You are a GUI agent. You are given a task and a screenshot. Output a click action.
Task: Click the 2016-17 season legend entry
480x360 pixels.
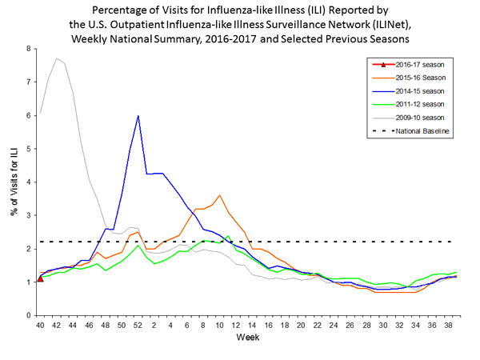coord(402,65)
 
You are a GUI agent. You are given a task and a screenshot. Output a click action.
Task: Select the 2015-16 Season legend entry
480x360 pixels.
coord(402,78)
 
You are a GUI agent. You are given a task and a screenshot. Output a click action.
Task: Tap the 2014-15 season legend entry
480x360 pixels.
coord(402,92)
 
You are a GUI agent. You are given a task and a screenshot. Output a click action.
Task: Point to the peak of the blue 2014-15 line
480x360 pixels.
coord(138,116)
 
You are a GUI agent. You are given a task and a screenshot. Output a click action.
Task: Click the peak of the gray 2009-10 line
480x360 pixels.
coord(56,58)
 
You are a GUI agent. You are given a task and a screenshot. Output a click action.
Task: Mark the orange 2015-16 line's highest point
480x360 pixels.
coord(220,195)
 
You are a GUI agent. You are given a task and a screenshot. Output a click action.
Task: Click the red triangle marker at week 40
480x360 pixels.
coord(40,278)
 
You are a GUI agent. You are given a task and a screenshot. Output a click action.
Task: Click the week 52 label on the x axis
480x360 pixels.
coord(138,326)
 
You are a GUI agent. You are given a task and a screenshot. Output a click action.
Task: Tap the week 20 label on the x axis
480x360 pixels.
coord(300,326)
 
